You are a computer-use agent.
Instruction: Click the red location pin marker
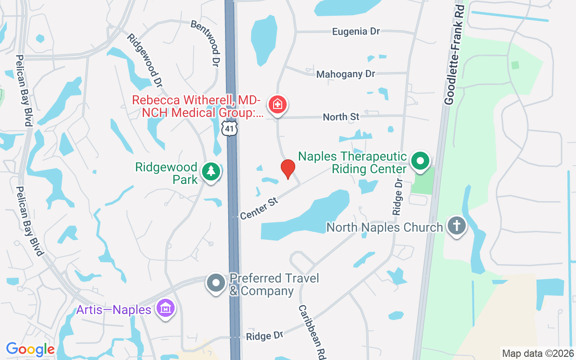pos(288,169)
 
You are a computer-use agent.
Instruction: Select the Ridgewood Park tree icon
pos(211,172)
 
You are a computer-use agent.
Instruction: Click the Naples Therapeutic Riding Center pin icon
pos(420,161)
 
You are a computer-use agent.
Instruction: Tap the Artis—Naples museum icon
pos(166,309)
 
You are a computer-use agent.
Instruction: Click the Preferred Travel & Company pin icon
pos(216,283)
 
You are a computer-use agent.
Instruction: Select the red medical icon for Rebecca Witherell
pos(278,105)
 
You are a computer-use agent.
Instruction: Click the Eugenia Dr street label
pos(356,31)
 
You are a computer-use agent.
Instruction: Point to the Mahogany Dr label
pos(346,74)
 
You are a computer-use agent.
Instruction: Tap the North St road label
pos(341,117)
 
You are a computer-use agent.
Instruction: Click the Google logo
pos(30,349)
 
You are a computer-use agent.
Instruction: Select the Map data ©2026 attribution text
pos(538,353)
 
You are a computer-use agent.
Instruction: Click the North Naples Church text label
pos(385,227)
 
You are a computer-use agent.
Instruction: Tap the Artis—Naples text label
pos(113,310)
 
